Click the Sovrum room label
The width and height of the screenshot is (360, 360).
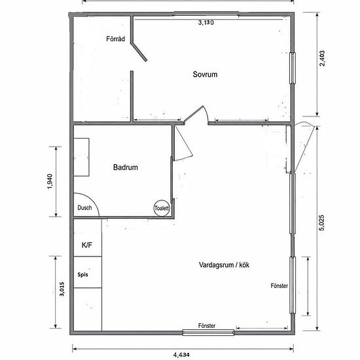[x=205, y=75]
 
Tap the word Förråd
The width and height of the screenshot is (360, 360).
[x=115, y=39]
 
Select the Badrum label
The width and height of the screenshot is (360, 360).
[x=126, y=167]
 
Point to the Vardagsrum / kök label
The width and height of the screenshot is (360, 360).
[x=224, y=265]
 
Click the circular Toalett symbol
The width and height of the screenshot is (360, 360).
[x=162, y=208]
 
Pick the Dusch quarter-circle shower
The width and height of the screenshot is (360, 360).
[x=86, y=205]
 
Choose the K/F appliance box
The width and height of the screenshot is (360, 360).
[x=88, y=238]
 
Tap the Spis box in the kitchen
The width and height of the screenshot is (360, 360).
[x=88, y=272]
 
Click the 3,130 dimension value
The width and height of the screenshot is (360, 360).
[x=206, y=22]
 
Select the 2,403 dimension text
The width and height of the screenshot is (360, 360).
[x=322, y=58]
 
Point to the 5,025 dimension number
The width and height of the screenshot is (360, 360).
[x=322, y=223]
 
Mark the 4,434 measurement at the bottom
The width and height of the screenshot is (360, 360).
[x=181, y=355]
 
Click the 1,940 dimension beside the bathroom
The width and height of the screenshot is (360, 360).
[x=50, y=181]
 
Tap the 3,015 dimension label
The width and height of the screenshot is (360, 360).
[x=62, y=289]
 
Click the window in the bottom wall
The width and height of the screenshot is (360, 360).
[x=208, y=333]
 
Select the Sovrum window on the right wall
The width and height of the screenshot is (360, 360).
[x=293, y=68]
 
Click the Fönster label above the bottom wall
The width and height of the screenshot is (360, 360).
[x=207, y=326]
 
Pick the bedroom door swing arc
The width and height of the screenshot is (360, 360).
[x=206, y=113]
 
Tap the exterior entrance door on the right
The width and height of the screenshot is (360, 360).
[x=304, y=147]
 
